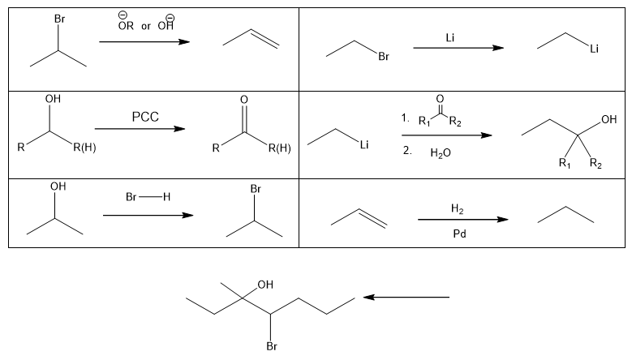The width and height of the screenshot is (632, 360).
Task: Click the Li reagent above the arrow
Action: [450, 37]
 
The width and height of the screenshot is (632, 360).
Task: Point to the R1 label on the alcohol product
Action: [565, 162]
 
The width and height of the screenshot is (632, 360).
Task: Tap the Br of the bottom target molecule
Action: [272, 349]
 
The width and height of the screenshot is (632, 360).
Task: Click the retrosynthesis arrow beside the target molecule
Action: [406, 298]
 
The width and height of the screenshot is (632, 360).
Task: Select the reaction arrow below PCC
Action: [140, 129]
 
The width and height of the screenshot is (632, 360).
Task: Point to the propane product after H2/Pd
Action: [565, 215]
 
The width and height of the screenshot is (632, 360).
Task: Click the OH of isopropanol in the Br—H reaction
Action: [57, 186]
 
